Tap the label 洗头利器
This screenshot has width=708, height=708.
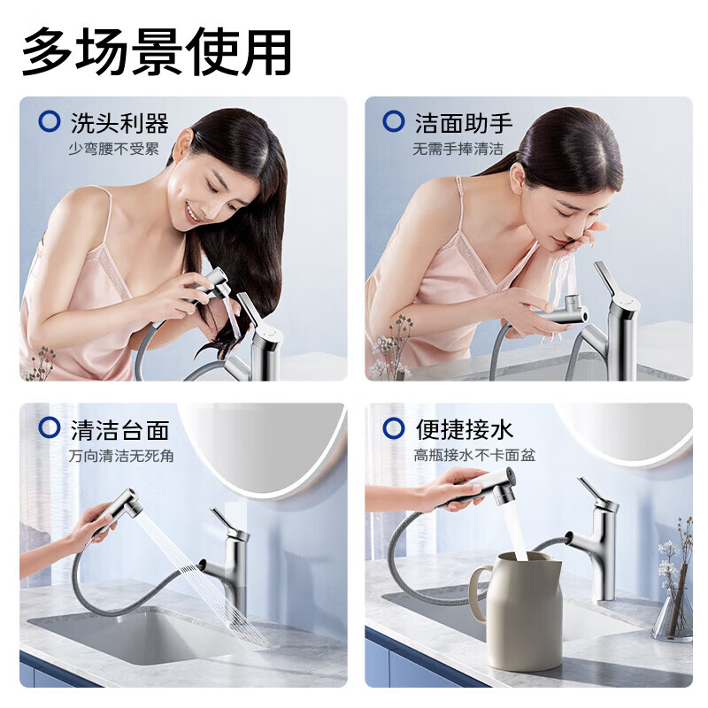(119, 122)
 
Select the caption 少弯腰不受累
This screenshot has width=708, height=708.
(113, 149)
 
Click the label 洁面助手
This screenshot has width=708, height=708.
(464, 122)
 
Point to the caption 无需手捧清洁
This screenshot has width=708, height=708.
(458, 149)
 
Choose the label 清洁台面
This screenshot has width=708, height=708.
(119, 430)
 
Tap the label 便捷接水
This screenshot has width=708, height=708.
(464, 430)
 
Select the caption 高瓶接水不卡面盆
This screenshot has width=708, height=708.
(474, 457)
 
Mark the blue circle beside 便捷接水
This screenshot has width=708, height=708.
(394, 429)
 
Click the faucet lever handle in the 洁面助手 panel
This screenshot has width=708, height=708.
(608, 281)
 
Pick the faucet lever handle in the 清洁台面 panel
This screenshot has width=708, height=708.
(223, 522)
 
